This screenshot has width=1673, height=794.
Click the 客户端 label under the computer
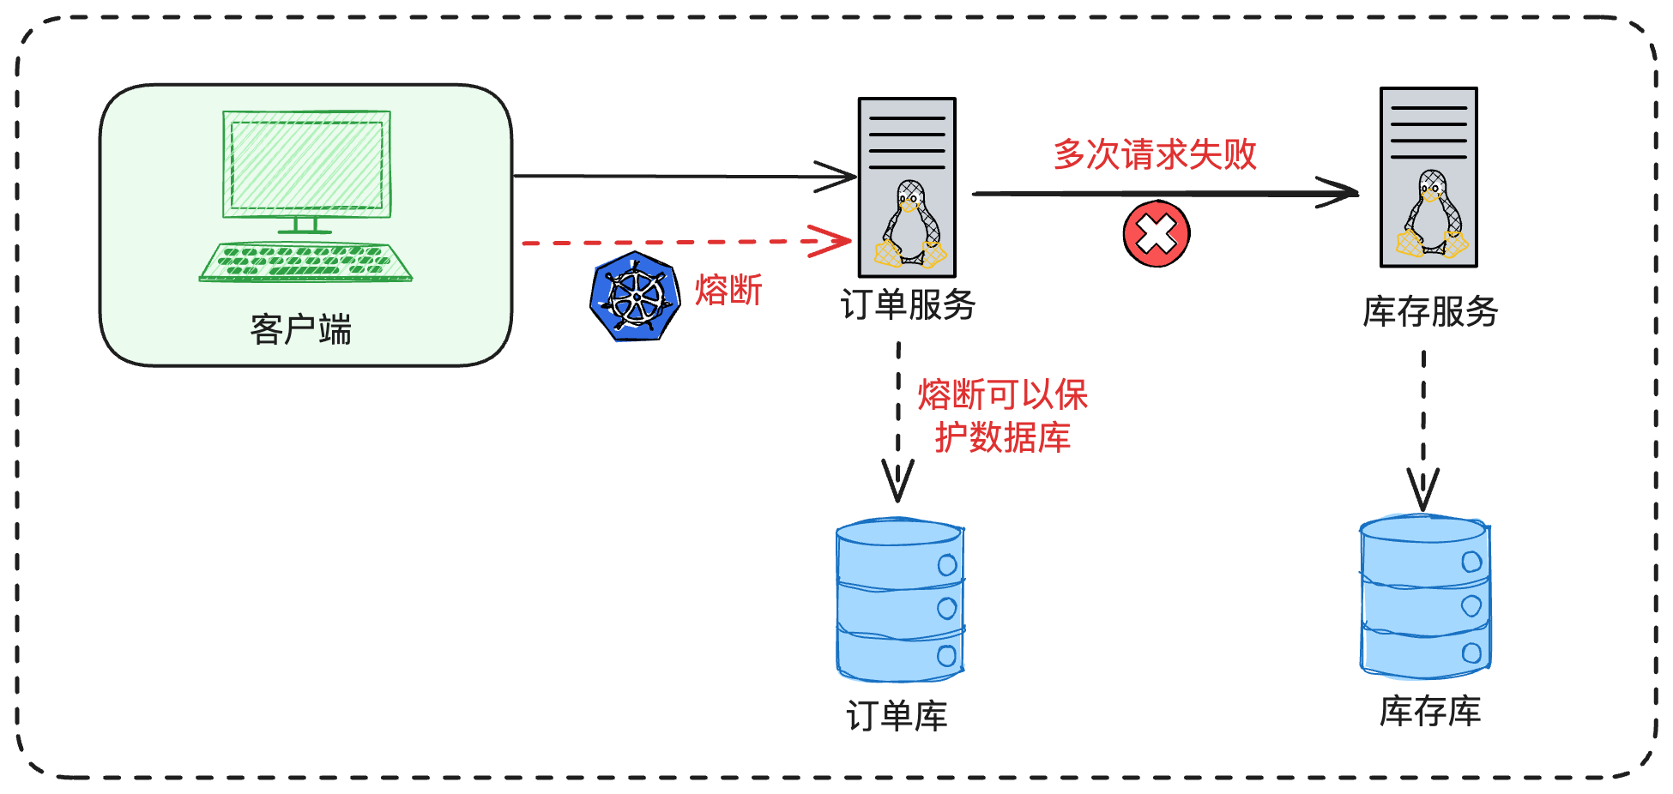coord(301,329)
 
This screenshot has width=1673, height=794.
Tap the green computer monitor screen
coord(306,165)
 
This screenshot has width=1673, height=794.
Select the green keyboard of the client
coord(305,262)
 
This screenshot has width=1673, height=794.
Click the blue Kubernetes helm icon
coord(635,297)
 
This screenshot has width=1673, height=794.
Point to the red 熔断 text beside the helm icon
coord(728,290)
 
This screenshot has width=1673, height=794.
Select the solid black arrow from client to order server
coord(669,177)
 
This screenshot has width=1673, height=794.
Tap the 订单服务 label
coord(908,305)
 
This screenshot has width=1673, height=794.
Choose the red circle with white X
coord(1156,234)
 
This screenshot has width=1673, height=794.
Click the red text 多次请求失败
coord(1155,154)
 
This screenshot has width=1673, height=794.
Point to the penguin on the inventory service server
coord(1432,214)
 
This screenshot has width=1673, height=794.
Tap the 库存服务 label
coord(1430,311)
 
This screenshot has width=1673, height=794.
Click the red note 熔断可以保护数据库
coord(1002,416)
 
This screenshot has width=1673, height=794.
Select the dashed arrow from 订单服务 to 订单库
coord(898,420)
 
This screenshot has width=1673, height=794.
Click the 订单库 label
coord(897,716)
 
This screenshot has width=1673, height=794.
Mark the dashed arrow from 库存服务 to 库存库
coord(1423,429)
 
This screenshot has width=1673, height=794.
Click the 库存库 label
coord(1430,712)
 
